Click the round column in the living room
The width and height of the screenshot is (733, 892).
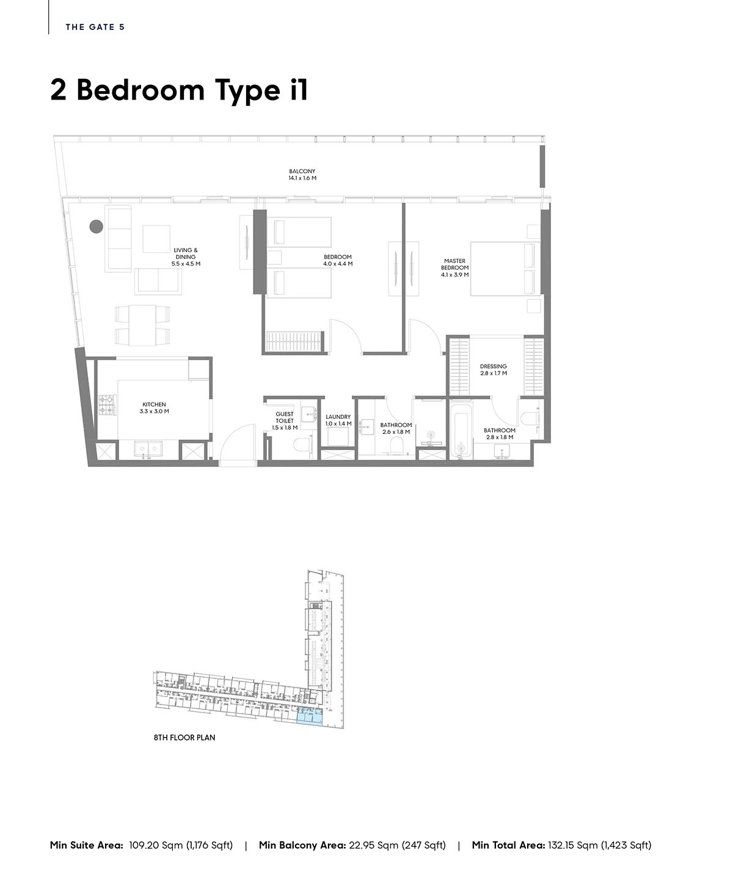(97, 227)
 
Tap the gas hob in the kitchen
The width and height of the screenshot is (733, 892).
(108, 405)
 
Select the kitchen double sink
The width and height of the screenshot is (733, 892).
(148, 449)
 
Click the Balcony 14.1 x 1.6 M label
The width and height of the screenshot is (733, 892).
(302, 175)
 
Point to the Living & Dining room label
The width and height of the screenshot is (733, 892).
(185, 256)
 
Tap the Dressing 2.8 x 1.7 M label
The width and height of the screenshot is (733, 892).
(494, 369)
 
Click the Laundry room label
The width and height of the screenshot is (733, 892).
(338, 420)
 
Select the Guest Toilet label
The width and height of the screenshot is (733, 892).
(285, 421)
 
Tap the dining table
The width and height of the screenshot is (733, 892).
(142, 325)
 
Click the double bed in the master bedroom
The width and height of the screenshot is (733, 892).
(505, 269)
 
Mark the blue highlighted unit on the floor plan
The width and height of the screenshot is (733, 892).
(310, 715)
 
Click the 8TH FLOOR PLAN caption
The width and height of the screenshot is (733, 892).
(184, 738)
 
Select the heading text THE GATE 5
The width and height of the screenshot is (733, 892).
(95, 27)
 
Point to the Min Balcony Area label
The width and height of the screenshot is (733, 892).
(302, 845)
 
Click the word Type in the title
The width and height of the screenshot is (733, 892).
(247, 91)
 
